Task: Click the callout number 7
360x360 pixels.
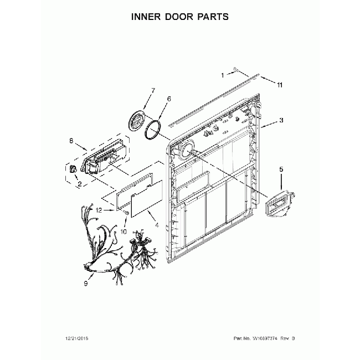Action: coord(153,90)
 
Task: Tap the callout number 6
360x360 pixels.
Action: coord(169,99)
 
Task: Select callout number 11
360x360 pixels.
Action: coord(279,85)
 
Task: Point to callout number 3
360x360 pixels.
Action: coord(281,120)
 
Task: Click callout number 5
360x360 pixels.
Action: coord(281,169)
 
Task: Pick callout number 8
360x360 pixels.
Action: coord(71,141)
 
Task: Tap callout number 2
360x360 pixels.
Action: coord(80,184)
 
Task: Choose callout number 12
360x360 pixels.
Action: coord(99,210)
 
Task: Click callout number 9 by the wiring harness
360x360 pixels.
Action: coord(86,284)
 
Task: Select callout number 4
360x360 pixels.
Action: coord(157,225)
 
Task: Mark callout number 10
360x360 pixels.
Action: coord(124,232)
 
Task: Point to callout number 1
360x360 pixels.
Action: coord(222,75)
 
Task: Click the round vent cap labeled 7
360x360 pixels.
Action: coord(136,121)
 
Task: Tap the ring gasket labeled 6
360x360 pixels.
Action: coord(153,129)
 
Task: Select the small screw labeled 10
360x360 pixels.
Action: coord(126,213)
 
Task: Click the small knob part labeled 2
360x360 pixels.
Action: coord(73,169)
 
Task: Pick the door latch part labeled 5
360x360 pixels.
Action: coord(280,203)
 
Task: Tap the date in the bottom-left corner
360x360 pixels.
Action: coord(76,338)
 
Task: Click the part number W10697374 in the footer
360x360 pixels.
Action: coord(265,338)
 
